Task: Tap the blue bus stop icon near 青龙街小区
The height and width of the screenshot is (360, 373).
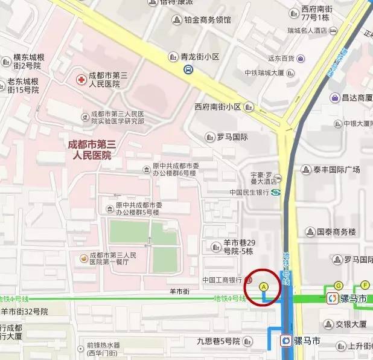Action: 188,69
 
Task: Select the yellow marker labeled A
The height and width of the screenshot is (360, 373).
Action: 263,286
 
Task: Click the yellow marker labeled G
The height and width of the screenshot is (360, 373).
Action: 339,286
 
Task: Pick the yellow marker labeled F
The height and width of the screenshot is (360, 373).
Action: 365,285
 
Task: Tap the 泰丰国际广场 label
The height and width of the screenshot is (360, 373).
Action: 335,170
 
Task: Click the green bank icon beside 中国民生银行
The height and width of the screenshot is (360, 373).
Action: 275,193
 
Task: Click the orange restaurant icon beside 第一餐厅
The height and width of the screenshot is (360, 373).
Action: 83,259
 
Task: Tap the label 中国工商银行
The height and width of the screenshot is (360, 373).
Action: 222,280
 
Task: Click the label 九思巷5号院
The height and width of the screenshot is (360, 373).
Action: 218,341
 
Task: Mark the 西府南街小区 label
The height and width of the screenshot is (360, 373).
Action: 217,107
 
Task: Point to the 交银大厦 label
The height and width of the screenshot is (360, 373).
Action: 351,324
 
